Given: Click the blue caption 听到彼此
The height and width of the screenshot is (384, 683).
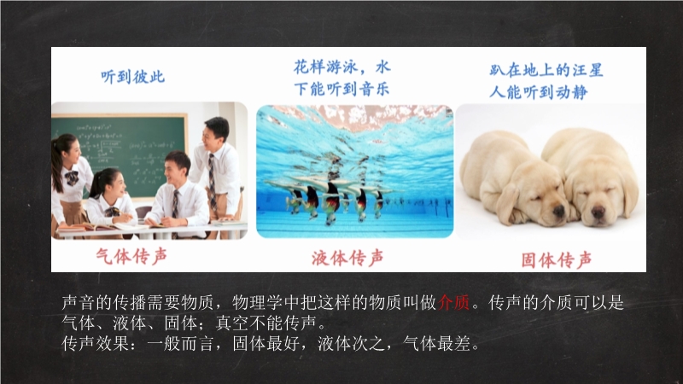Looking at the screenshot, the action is (x=133, y=77).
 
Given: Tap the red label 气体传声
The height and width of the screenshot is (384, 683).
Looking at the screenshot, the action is (x=131, y=257).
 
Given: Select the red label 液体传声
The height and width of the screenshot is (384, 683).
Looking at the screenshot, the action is (x=347, y=258).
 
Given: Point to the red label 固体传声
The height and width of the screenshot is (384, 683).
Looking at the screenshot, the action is (x=557, y=260).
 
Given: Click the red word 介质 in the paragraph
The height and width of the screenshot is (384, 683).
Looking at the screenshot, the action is (x=454, y=302).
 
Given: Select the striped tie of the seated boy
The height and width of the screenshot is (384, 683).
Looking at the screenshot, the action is (x=175, y=205).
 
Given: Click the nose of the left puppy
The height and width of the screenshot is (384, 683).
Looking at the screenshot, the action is (x=559, y=212).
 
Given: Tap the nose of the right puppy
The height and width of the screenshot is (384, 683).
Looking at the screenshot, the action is (x=598, y=212).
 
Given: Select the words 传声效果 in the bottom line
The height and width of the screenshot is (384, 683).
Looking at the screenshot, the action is (x=96, y=344).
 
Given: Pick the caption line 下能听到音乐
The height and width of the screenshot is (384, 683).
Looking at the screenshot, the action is (x=341, y=90).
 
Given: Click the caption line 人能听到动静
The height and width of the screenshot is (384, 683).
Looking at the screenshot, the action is (x=539, y=92).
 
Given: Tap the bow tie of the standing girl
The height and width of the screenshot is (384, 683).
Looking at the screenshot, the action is (x=72, y=177).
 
